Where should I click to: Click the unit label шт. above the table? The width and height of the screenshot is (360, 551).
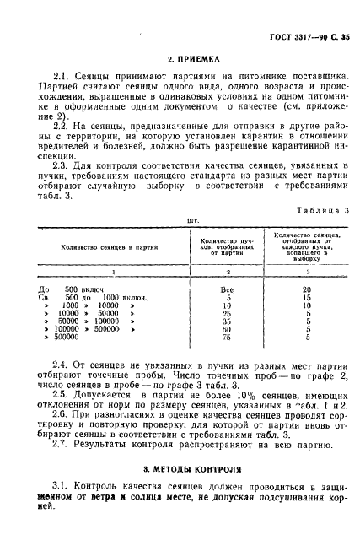point(180,219)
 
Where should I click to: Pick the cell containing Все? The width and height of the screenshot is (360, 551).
point(225,289)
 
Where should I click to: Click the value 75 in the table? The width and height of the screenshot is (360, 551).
point(225,338)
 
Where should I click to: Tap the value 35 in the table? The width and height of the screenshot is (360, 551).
point(225,321)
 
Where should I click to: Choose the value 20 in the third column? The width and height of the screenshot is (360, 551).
point(307,289)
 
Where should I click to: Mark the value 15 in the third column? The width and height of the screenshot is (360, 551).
point(307,297)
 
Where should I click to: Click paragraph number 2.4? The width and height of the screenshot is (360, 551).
point(59,364)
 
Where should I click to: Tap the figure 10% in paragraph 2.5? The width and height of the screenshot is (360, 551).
point(227,394)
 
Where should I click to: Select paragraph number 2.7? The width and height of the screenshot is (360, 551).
point(59,444)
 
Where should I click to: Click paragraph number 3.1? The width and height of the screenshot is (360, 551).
point(59,489)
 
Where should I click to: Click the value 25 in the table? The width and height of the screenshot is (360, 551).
point(225,313)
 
